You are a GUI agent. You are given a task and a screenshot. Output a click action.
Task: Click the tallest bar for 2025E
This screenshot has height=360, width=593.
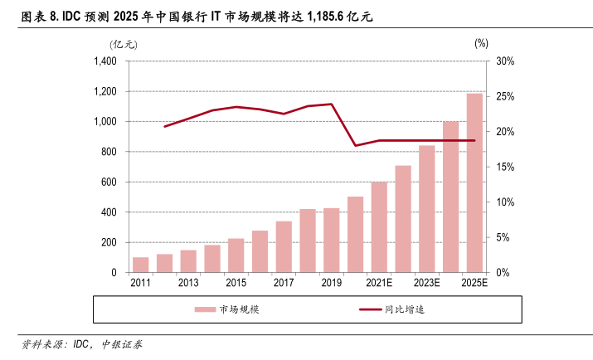(474, 183)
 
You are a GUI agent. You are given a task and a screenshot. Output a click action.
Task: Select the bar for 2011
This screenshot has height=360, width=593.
(140, 265)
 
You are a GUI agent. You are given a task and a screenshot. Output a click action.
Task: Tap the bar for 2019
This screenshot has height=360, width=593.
(332, 241)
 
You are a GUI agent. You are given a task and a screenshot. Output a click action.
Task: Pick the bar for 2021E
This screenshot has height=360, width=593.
(379, 227)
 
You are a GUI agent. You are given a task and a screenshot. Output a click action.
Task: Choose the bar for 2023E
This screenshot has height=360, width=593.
(427, 209)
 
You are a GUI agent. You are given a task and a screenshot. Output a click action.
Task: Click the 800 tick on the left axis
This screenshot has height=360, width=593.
(109, 152)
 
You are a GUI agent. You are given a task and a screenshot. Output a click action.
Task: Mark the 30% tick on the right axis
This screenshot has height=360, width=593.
(505, 61)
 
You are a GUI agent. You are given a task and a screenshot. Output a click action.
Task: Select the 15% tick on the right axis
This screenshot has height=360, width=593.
(505, 167)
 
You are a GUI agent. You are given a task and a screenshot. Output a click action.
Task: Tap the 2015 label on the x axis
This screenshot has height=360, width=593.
(236, 284)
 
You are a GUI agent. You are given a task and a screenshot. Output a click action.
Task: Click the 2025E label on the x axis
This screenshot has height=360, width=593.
(474, 284)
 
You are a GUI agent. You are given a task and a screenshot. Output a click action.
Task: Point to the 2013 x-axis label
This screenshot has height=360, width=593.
(188, 284)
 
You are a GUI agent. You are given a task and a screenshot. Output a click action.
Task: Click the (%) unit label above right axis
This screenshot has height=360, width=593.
(482, 43)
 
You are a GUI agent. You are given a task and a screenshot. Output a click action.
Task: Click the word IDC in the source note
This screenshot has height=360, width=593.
(81, 344)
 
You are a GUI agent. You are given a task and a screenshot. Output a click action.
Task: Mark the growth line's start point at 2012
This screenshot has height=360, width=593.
(164, 126)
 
